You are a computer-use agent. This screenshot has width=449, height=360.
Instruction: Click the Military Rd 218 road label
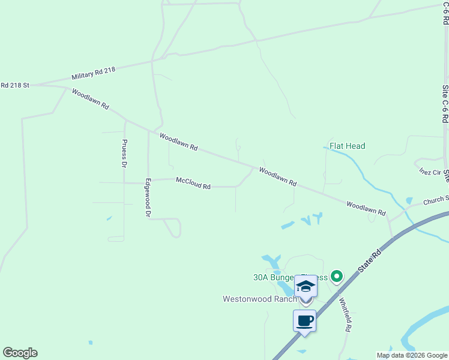(93, 74)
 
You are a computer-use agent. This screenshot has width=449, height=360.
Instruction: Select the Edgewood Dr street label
(147, 197)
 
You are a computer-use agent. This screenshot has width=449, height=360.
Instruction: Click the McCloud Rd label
(193, 183)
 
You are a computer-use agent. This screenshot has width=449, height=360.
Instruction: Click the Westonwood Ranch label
(259, 299)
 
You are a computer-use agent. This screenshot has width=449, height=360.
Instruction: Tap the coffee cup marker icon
(304, 320)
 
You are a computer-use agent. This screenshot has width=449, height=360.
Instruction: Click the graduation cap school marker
(306, 286)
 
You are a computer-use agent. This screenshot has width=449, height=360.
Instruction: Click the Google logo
(20, 353)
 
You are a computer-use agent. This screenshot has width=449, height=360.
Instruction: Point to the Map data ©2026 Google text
(412, 355)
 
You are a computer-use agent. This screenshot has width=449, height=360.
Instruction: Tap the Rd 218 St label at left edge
(15, 85)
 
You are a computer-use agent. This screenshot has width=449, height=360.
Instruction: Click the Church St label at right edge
(436, 200)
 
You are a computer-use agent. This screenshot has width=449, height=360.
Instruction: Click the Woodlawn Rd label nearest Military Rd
(90, 99)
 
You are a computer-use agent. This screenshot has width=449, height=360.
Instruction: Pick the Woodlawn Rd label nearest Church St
(366, 208)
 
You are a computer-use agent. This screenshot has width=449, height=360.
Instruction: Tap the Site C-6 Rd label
(445, 103)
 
